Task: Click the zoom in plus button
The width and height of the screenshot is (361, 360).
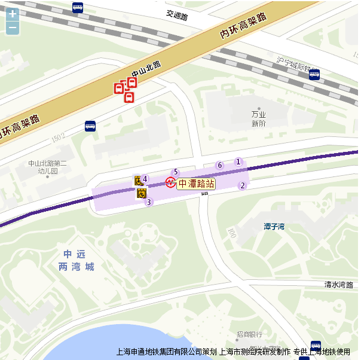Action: click(13, 14)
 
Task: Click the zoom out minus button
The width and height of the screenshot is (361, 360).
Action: click(13, 28)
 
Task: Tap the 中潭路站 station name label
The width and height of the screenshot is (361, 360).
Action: click(196, 184)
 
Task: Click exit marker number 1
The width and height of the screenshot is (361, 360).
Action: click(238, 161)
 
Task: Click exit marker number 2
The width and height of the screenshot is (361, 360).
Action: click(242, 185)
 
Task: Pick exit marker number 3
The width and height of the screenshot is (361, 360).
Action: click(149, 202)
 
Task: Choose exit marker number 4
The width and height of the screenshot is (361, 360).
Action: click(145, 178)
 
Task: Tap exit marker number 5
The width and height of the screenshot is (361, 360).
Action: click(176, 172)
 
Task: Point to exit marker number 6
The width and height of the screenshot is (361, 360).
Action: click(219, 165)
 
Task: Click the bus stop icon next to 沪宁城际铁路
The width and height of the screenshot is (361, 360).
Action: click(314, 74)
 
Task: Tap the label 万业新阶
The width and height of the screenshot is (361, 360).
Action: click(258, 118)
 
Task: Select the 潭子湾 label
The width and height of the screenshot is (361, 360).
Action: click(274, 226)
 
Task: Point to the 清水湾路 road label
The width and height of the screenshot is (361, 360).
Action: click(339, 285)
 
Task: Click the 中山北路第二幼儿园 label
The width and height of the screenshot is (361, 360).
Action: click(48, 166)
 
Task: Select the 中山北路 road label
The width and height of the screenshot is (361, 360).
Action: click(146, 68)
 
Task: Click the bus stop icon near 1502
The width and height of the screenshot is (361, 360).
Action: click(90, 126)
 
